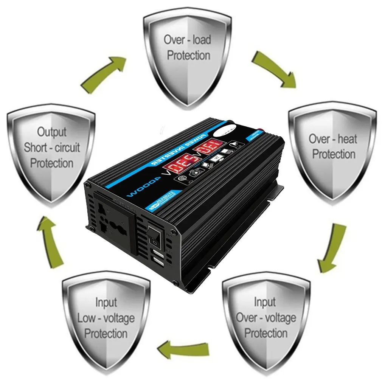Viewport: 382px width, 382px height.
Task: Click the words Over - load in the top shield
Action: click(x=188, y=39)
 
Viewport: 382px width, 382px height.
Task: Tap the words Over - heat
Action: click(x=333, y=138)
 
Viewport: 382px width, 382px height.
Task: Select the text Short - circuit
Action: click(x=52, y=147)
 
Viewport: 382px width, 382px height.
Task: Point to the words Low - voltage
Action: click(x=106, y=318)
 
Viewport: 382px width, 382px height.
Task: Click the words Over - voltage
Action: click(x=266, y=317)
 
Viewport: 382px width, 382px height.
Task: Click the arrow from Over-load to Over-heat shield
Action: click(x=273, y=69)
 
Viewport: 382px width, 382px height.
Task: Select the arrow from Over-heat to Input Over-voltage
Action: click(x=332, y=248)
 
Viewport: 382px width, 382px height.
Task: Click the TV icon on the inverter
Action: click(x=217, y=158)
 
